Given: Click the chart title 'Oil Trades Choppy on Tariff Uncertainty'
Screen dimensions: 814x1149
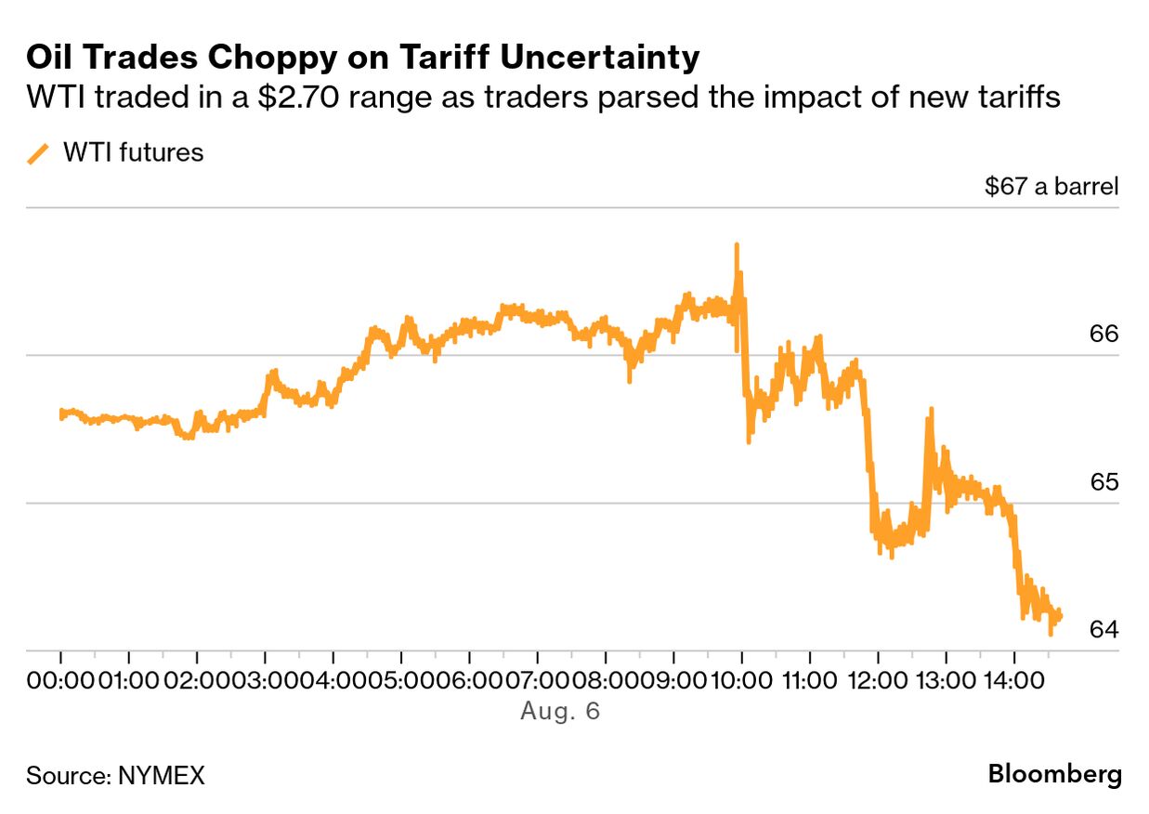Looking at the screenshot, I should (x=362, y=58).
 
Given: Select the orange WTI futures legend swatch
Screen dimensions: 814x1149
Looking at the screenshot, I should (x=38, y=153).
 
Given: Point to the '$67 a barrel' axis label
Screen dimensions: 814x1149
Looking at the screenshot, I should (x=1051, y=186).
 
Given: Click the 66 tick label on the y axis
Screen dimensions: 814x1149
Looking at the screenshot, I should (x=1103, y=334).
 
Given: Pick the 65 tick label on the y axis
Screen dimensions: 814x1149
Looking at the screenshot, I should (x=1103, y=482).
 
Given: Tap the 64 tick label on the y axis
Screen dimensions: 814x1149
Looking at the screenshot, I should (x=1103, y=630).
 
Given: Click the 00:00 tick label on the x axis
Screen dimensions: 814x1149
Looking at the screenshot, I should (x=60, y=681).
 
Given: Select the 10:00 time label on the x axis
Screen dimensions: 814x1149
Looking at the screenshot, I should (x=740, y=681).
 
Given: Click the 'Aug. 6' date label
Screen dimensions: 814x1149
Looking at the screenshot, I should (x=560, y=712).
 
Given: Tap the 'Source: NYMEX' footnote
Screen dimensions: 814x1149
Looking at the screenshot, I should (x=115, y=775).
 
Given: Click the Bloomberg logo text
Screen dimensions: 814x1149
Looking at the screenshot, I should (x=1054, y=774).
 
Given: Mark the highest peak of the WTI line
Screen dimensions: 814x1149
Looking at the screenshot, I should (x=737, y=245).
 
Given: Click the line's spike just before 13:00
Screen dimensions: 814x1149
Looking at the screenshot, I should (x=930, y=410).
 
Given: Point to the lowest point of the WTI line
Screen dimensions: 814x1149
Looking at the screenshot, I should (x=1051, y=634).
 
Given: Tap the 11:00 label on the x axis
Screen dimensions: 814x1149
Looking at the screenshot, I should (x=808, y=681).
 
